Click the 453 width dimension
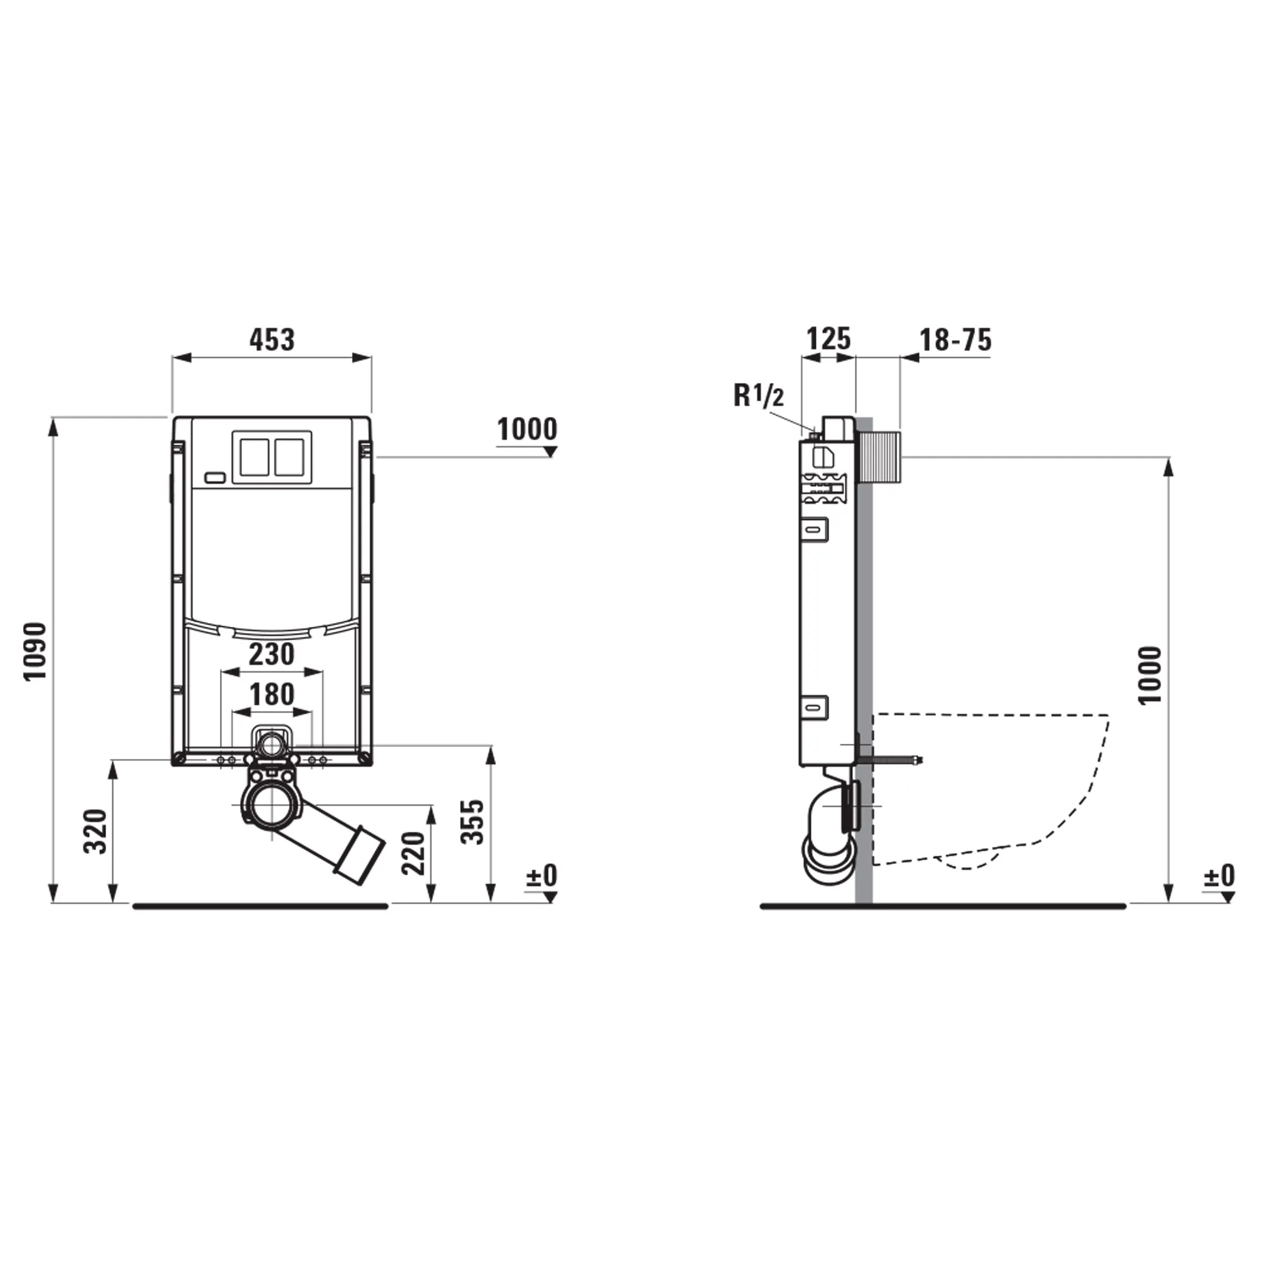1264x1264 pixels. [x=272, y=339]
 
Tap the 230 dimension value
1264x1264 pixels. [x=272, y=654]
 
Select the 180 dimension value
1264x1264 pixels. [x=272, y=694]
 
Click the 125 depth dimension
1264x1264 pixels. [x=829, y=339]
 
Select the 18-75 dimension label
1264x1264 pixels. [x=955, y=340]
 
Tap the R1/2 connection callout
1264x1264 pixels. [x=758, y=396]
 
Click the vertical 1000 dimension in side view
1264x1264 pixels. [x=1150, y=675]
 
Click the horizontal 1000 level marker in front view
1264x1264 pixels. [x=527, y=430]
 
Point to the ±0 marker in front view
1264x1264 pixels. [x=541, y=875]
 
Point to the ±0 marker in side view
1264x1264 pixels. [x=1219, y=875]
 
